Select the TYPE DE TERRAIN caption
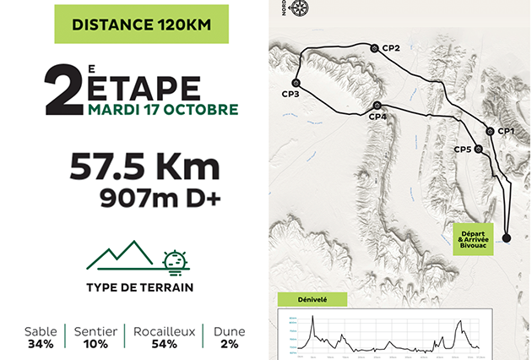[139, 287]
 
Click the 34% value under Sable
[40, 344]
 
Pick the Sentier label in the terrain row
[95, 330]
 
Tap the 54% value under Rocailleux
[164, 344]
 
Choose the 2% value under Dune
[230, 344]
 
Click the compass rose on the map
[300, 9]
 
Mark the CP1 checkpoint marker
[491, 131]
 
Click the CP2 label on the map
[391, 48]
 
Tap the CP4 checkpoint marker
[377, 106]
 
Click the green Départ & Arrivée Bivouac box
[477, 235]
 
